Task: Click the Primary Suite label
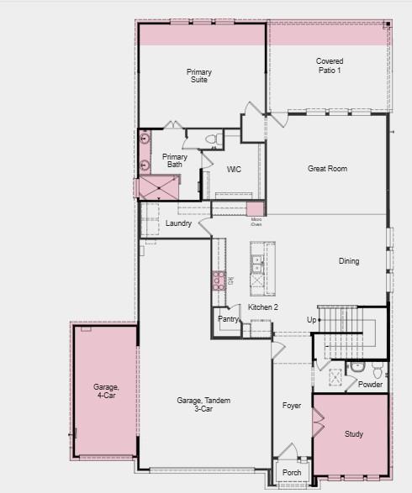(x=199, y=76)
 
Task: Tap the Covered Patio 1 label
(x=330, y=66)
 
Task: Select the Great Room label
(x=327, y=169)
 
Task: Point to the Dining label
(x=349, y=261)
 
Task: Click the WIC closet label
(x=234, y=170)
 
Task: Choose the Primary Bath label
(x=175, y=160)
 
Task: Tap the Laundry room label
(x=178, y=223)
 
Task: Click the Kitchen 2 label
(x=263, y=307)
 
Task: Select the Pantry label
(x=228, y=319)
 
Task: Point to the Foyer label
(x=292, y=406)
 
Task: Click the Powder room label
(x=370, y=385)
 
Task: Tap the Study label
(x=354, y=434)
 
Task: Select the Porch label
(x=292, y=472)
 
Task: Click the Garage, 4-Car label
(x=106, y=391)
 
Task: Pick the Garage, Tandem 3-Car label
(x=203, y=405)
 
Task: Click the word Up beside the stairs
(x=311, y=320)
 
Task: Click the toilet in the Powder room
(x=377, y=369)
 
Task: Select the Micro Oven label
(x=256, y=222)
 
